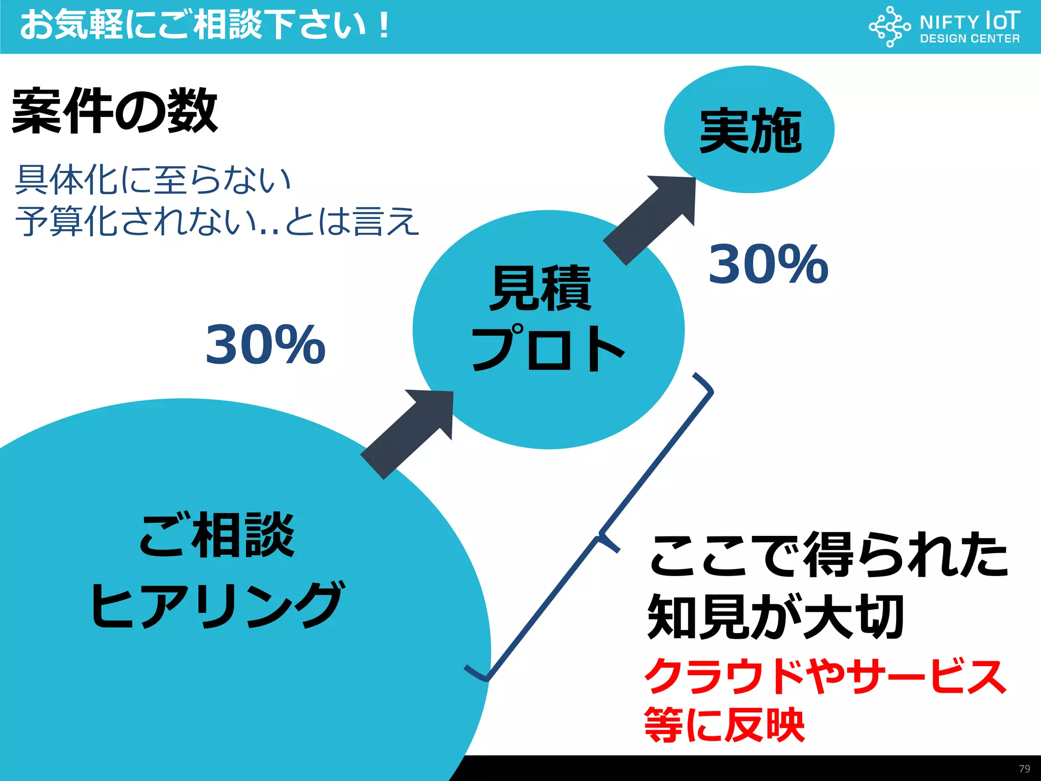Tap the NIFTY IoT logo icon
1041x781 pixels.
coord(889,26)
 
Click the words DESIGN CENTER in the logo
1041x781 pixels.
coord(969,39)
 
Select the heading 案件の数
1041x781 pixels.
coord(115,111)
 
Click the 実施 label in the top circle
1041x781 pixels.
coord(750,131)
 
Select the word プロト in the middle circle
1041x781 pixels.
coord(548,348)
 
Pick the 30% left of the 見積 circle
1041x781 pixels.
coord(265,345)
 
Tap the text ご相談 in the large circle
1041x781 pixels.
coord(217,535)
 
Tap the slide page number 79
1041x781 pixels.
coord(1024,769)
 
